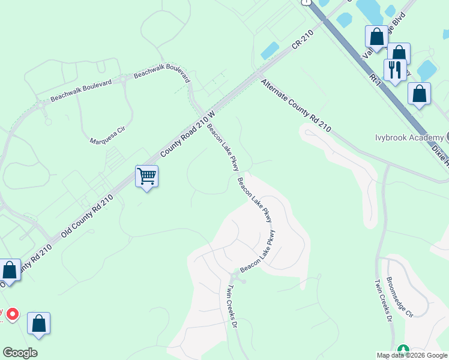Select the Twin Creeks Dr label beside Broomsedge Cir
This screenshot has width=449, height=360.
pyautogui.click(x=382, y=300)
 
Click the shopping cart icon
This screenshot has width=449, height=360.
pyautogui.click(x=146, y=176)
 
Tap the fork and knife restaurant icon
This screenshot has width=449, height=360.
pyautogui.click(x=394, y=70)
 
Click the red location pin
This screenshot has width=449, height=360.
pyautogui.click(x=12, y=314)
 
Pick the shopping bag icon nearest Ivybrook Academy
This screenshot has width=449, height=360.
pyautogui.click(x=419, y=94)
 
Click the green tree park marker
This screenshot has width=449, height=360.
pyautogui.click(x=403, y=350)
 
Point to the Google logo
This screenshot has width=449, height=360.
pyautogui.click(x=20, y=353)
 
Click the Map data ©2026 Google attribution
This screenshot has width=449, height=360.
pyautogui.click(x=411, y=355)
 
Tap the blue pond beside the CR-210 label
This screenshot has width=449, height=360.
pyautogui.click(x=270, y=50)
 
